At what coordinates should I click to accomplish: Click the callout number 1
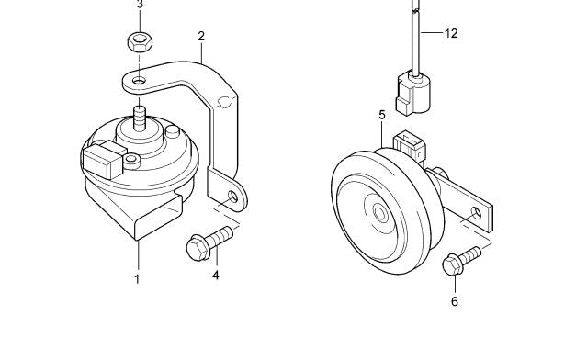[x=137, y=279]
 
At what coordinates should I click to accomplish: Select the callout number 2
[x=201, y=37]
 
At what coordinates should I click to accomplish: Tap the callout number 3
[x=140, y=5]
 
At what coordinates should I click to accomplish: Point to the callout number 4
[x=216, y=275]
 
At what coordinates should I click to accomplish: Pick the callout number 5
[x=382, y=115]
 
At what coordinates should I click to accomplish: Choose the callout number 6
[x=455, y=301]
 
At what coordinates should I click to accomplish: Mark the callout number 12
[x=451, y=33]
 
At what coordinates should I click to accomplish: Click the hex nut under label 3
[x=140, y=41]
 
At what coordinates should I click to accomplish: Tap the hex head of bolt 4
[x=197, y=248]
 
